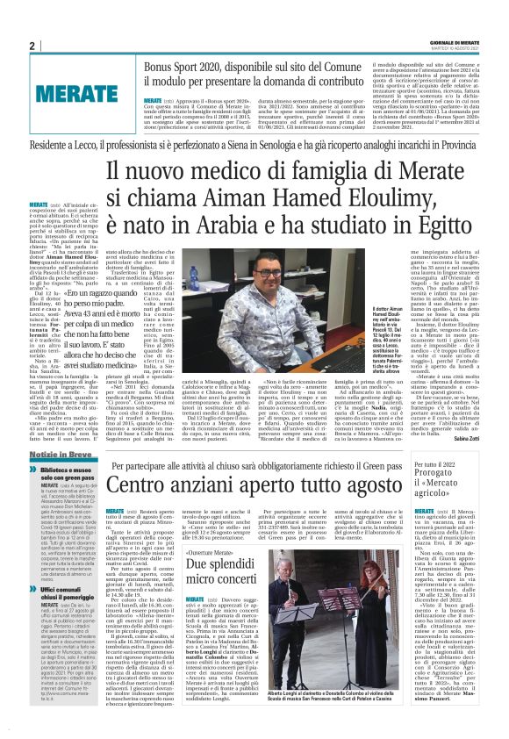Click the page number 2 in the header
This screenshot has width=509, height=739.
pos(32,46)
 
